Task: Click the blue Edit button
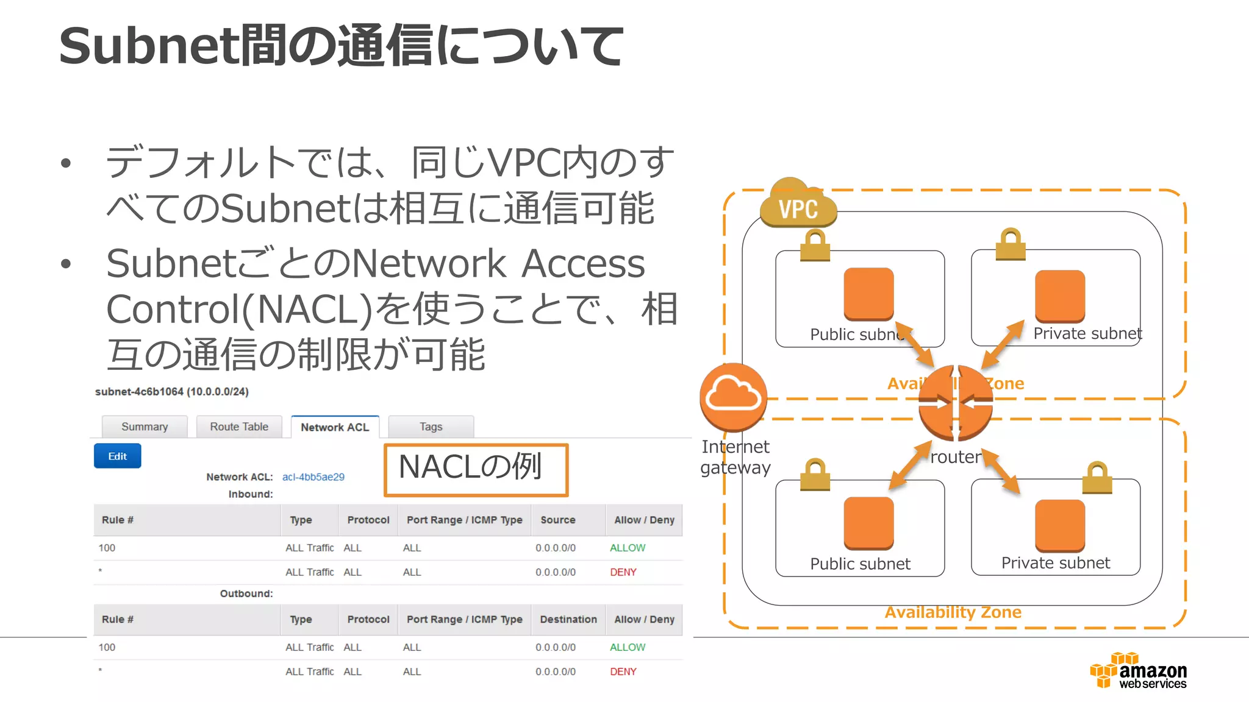click(117, 456)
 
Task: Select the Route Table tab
click(239, 427)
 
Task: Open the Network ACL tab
click(335, 427)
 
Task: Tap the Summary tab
click(145, 427)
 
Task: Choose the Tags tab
click(431, 427)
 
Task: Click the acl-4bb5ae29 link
click(313, 477)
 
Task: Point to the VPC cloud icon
click(798, 205)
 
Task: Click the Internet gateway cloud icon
click(733, 397)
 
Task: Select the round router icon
click(955, 402)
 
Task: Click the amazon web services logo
click(1139, 671)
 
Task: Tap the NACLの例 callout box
click(476, 469)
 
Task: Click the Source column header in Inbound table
click(557, 520)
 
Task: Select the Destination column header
click(568, 619)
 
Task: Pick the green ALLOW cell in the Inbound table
click(627, 548)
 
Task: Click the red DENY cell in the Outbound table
click(623, 672)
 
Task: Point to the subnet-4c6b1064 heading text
click(171, 392)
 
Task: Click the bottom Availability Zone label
click(953, 612)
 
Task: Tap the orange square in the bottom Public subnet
click(868, 523)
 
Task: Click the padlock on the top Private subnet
click(1010, 244)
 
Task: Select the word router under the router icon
click(955, 457)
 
